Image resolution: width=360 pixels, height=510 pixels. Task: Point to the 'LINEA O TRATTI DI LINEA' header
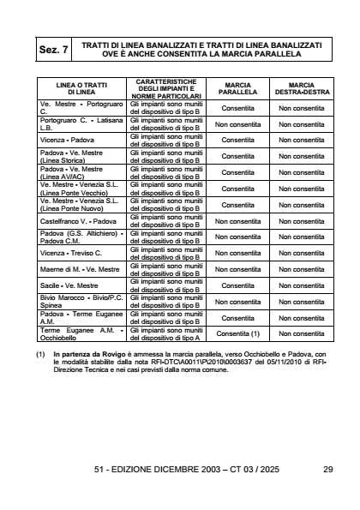[x=81, y=90]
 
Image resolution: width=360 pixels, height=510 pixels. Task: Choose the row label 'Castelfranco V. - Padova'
[x=75, y=220]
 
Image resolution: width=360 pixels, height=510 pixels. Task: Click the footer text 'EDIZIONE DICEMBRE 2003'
[x=171, y=470]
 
